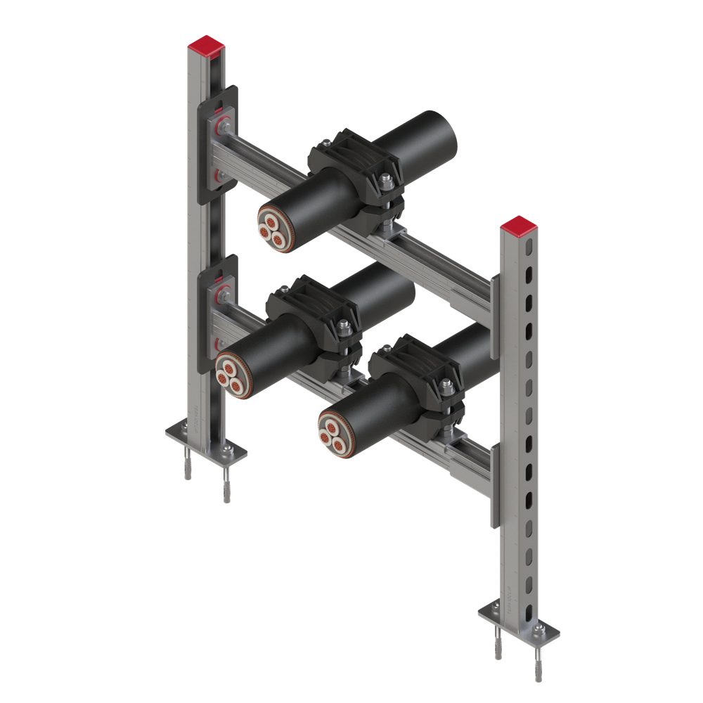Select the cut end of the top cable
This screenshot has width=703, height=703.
pos(273,228)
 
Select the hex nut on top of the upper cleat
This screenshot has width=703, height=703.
pos(386,184)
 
